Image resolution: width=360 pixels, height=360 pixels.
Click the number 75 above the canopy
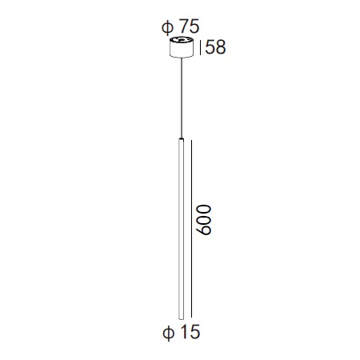click(x=189, y=26)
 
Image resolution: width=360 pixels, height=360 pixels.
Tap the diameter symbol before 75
click(x=167, y=27)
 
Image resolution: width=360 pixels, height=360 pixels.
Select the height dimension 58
click(x=215, y=47)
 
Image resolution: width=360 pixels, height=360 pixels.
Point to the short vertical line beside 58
click(x=200, y=47)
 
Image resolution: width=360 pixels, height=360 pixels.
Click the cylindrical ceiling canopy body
click(x=182, y=47)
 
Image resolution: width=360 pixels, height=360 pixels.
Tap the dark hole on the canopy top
click(x=182, y=40)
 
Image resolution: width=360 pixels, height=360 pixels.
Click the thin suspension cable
click(x=182, y=98)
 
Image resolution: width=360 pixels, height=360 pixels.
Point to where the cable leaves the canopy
click(x=182, y=58)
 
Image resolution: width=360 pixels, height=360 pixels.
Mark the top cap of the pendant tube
click(x=182, y=139)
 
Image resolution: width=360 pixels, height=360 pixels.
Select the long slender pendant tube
click(x=182, y=229)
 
